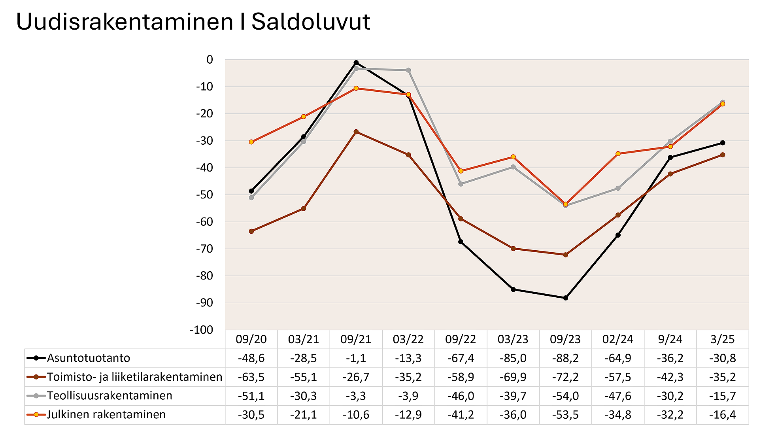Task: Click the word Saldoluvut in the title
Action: (x=311, y=22)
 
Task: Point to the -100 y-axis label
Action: (x=202, y=330)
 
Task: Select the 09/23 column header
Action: (x=565, y=339)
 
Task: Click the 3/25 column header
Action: (x=722, y=339)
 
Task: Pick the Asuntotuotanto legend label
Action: (x=89, y=358)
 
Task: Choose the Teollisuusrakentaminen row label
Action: (x=110, y=396)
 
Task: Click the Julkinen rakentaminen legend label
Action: (x=106, y=415)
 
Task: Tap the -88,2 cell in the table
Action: (x=565, y=358)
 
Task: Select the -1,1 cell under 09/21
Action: (x=356, y=358)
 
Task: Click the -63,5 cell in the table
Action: (x=251, y=377)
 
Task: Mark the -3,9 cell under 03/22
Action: (x=408, y=396)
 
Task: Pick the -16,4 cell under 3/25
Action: (x=722, y=415)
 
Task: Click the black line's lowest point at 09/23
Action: (x=565, y=298)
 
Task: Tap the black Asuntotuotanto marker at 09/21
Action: (x=356, y=62)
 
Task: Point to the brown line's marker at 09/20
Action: (x=251, y=231)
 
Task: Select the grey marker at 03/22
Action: (x=408, y=70)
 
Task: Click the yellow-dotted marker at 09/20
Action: (x=251, y=142)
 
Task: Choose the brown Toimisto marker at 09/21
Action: (x=356, y=132)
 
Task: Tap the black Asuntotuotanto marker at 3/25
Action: (x=722, y=143)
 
